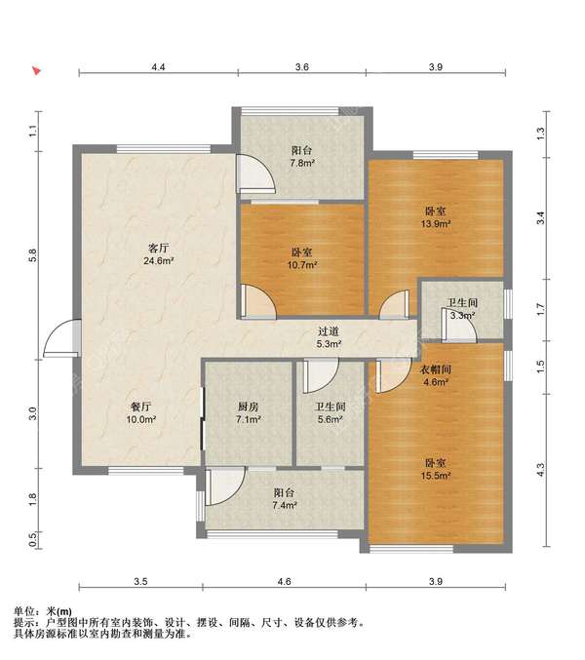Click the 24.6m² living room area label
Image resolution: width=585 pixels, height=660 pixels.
(x=159, y=261)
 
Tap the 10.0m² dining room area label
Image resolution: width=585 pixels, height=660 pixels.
(x=141, y=419)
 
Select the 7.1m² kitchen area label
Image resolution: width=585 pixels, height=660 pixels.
(x=248, y=419)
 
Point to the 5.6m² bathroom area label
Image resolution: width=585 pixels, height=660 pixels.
(x=330, y=419)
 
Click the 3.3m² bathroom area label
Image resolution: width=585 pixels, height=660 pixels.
(x=462, y=315)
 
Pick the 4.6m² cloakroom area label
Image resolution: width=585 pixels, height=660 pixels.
(x=435, y=382)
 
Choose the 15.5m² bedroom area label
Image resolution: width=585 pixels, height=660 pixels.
(x=436, y=476)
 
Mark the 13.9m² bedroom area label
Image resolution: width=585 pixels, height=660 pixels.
(x=436, y=224)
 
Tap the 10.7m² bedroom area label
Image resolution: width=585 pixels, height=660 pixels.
(x=301, y=265)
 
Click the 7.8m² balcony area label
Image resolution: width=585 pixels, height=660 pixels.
(x=302, y=163)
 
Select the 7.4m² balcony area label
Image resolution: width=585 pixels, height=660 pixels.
(x=285, y=505)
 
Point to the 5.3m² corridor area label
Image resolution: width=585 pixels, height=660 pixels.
(x=329, y=344)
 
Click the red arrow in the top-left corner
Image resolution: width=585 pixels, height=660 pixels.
(x=37, y=70)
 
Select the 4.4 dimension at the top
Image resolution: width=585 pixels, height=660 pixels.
(x=158, y=66)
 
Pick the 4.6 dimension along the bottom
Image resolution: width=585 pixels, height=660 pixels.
(x=285, y=581)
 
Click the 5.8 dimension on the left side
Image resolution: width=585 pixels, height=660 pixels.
(x=33, y=256)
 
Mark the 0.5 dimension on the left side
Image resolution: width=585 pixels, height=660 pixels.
(x=33, y=539)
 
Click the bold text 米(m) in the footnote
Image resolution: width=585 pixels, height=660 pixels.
(x=58, y=611)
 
